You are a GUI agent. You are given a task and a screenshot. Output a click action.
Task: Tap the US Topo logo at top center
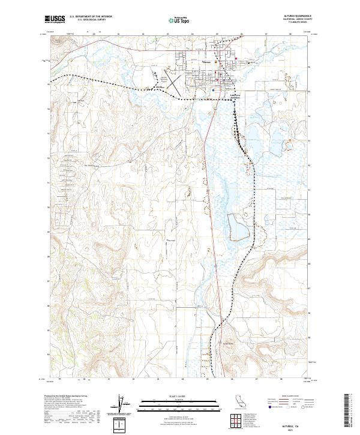pyautogui.click(x=179, y=20)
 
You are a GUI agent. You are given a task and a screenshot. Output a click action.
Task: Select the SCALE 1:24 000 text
pyautogui.click(x=179, y=397)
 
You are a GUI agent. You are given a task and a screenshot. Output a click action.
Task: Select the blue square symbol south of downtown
pyautogui.click(x=214, y=90)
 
